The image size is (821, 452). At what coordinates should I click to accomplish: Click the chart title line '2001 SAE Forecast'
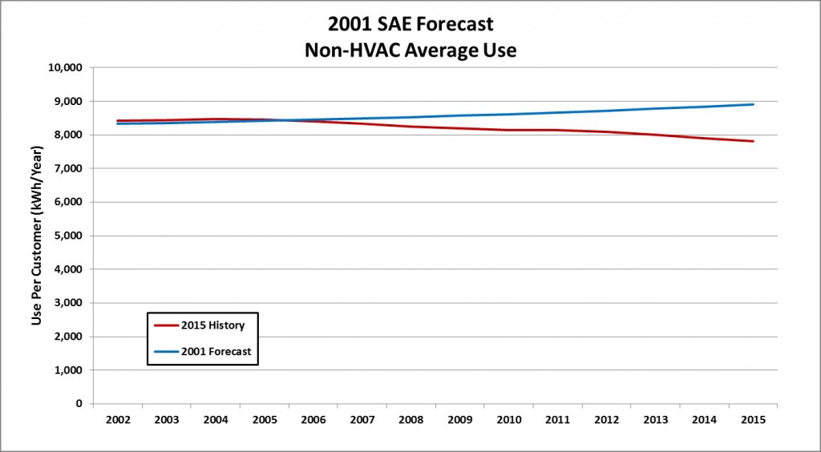coord(410,25)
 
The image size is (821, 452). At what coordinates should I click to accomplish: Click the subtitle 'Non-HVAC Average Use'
coord(410,50)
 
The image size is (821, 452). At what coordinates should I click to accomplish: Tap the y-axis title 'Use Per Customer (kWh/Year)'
coord(37,236)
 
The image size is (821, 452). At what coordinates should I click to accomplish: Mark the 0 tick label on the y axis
coord(79,404)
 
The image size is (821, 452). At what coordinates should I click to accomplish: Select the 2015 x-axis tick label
coord(752,420)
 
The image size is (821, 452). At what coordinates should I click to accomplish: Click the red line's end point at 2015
coord(752,141)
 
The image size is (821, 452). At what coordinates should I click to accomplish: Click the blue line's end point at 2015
coord(752,104)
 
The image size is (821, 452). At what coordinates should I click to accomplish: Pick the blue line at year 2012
coord(606,111)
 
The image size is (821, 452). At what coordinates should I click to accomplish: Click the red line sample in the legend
coord(166,325)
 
